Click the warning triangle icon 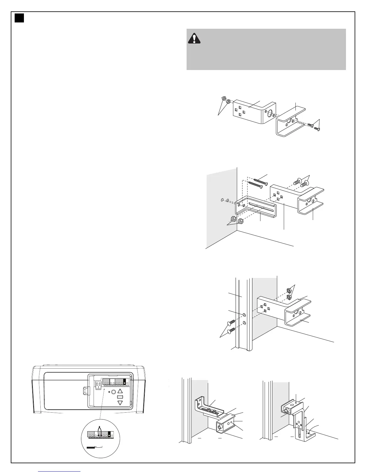coord(194,39)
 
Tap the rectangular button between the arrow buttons coord(120,397)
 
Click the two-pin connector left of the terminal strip coord(98,384)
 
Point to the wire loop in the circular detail coord(100,429)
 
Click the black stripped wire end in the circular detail coord(91,447)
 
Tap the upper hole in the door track coord(245,315)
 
